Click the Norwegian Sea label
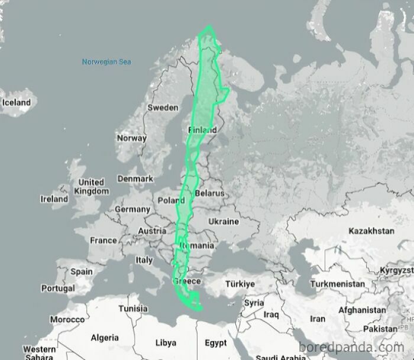click(106, 61)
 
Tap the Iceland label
click(16, 102)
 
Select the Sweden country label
click(162, 108)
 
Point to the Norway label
click(131, 138)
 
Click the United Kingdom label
click(92, 187)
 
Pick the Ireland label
click(54, 199)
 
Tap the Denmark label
click(135, 179)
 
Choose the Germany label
click(132, 209)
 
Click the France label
click(103, 241)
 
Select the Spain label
click(82, 272)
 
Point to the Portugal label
click(58, 288)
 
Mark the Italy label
click(144, 260)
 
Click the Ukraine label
click(223, 222)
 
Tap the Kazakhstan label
click(371, 230)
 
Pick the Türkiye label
click(240, 284)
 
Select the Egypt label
click(215, 343)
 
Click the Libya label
click(165, 342)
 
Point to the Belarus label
click(209, 193)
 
